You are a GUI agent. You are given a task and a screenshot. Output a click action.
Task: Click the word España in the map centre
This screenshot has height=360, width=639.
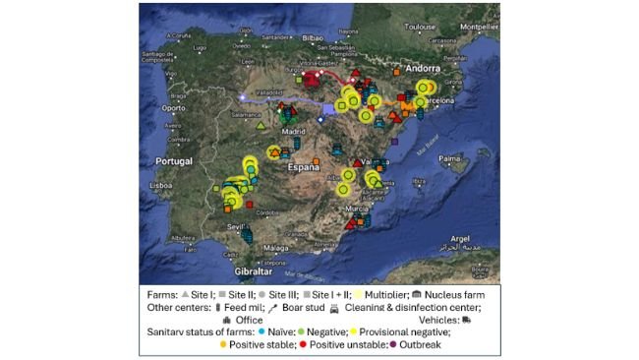coord(304,167)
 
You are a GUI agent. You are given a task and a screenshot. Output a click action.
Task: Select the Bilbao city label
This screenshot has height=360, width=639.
coord(313,37)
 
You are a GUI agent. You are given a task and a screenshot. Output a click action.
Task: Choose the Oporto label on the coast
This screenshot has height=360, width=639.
coord(174,107)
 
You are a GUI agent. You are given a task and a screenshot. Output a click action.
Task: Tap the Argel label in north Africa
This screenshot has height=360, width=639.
coord(460,238)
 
